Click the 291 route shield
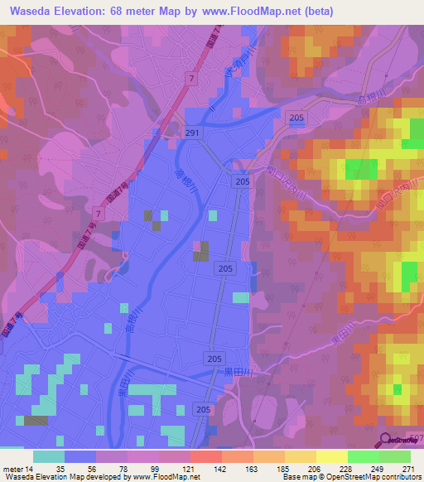point(192,133)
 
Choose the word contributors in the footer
point(398,477)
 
